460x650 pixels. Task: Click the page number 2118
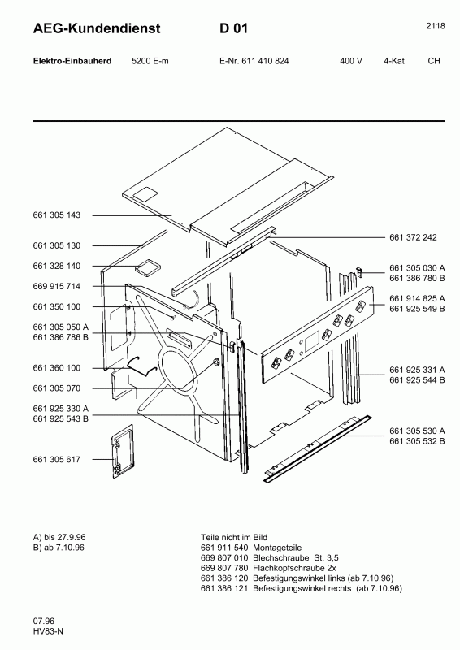435,26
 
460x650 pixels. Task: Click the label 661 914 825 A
418,298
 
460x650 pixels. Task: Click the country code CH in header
434,62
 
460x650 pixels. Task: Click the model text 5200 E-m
150,62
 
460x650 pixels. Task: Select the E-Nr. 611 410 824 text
254,62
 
